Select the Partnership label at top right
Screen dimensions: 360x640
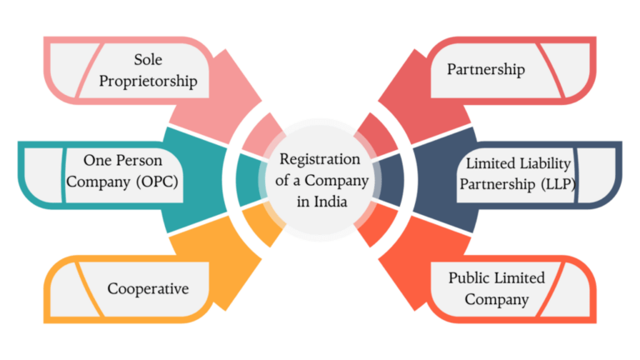(x=486, y=70)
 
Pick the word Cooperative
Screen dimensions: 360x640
(x=147, y=289)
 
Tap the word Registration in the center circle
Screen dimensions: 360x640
(x=320, y=159)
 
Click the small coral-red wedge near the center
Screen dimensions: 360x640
(x=373, y=134)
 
